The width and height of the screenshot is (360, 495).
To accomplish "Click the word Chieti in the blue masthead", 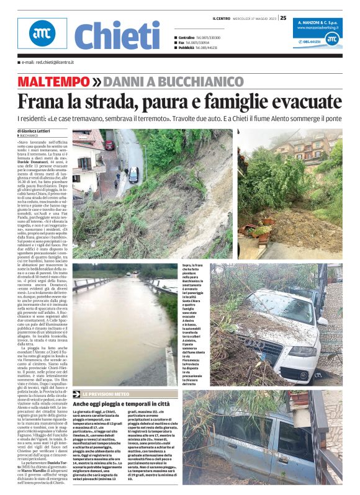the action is tap(117, 36).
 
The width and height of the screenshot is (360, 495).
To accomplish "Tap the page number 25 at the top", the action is tap(283, 18).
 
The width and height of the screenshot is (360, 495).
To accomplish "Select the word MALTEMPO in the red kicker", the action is tap(53, 81).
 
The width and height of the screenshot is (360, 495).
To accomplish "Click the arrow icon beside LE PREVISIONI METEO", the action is tap(76, 394).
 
